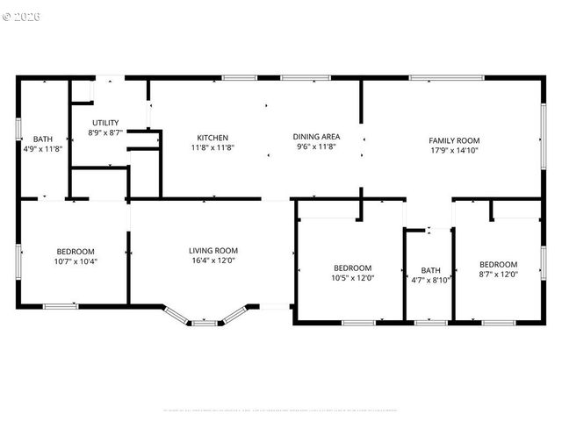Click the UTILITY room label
pos(104,123)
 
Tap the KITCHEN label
pos(213,138)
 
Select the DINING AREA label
pos(316,138)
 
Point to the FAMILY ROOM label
pos(454,140)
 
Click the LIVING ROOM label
pos(213,251)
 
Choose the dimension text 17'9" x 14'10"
pos(454,150)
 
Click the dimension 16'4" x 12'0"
pos(213,261)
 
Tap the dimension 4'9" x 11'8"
pos(42,149)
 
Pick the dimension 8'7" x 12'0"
pos(498,275)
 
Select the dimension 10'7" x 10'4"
pos(76,261)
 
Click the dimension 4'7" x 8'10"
pos(430,281)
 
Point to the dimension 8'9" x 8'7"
pos(104,132)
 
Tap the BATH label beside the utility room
pos(42,139)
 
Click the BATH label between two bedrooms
pos(430,270)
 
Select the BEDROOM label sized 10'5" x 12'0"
pos(352,268)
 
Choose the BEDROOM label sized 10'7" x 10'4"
pos(76,252)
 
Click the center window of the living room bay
pos(205,323)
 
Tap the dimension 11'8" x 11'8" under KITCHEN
pos(213,148)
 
